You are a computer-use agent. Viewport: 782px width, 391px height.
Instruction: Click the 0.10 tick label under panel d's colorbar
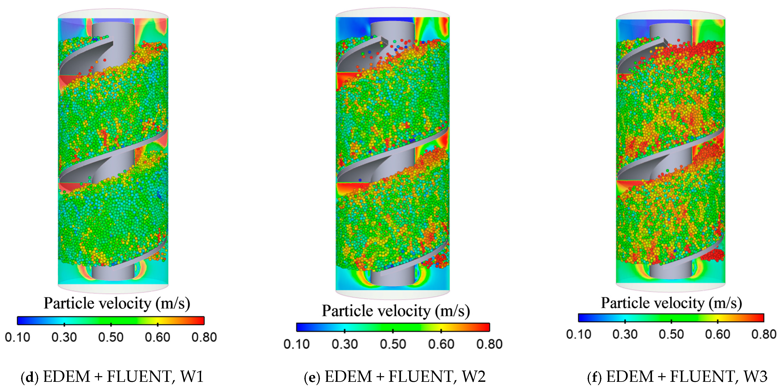pyautogui.click(x=18, y=337)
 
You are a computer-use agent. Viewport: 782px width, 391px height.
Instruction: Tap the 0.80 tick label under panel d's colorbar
pyautogui.click(x=204, y=337)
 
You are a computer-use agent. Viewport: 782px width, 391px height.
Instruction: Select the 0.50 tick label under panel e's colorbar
pyautogui.click(x=393, y=344)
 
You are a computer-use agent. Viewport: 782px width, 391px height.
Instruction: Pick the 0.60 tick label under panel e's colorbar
pyautogui.click(x=441, y=344)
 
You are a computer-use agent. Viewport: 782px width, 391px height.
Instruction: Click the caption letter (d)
pyautogui.click(x=30, y=377)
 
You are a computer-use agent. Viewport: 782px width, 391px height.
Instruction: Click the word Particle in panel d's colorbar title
pyautogui.click(x=67, y=303)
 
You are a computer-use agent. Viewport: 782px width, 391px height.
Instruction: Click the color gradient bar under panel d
pyautogui.click(x=111, y=321)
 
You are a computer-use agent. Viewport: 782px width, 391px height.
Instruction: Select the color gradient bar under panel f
pyautogui.click(x=671, y=318)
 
